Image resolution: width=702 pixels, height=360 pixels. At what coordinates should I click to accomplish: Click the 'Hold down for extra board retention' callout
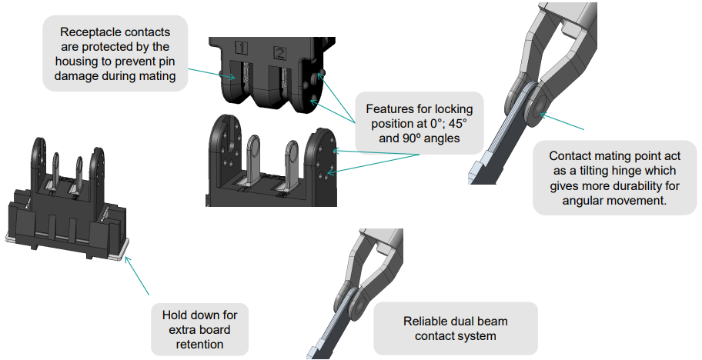click(199, 329)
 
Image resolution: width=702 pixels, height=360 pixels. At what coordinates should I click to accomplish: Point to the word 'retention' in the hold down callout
click(199, 344)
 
